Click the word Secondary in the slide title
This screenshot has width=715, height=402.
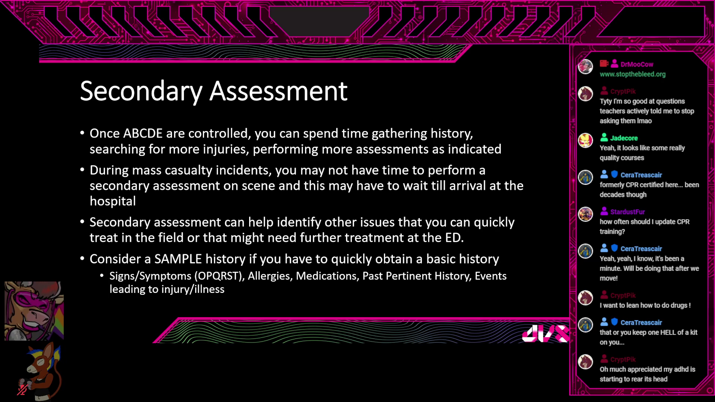141,91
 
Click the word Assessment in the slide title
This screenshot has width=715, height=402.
279,91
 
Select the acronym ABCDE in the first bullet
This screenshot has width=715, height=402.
143,133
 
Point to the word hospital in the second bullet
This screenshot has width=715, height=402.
113,201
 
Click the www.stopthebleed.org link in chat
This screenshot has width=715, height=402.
632,74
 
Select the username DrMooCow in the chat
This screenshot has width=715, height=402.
637,64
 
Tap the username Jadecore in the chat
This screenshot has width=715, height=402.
624,138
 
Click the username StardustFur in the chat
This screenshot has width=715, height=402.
627,212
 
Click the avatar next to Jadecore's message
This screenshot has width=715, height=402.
585,140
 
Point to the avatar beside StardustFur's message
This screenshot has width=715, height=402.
585,214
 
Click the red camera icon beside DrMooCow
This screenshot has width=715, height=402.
604,64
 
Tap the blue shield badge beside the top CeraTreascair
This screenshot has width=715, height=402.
614,174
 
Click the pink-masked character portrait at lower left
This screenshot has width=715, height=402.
34,311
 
